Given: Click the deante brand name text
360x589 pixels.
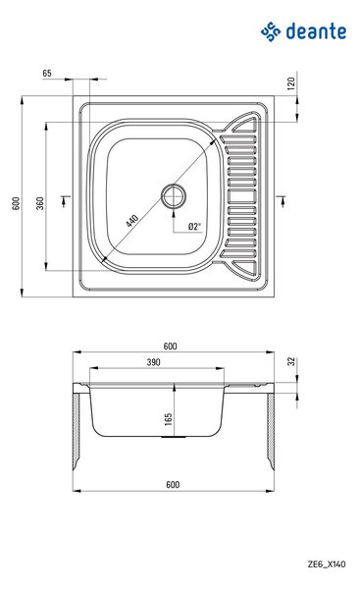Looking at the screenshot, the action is pyautogui.click(x=316, y=30).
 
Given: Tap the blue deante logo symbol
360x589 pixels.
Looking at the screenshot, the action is pyautogui.click(x=271, y=31).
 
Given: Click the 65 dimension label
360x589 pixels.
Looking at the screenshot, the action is pyautogui.click(x=47, y=74).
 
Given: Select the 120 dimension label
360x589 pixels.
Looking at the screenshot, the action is pyautogui.click(x=291, y=83).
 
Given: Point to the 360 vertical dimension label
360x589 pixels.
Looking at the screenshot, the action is pyautogui.click(x=40, y=203).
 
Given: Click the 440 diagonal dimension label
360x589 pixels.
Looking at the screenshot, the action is pyautogui.click(x=132, y=220).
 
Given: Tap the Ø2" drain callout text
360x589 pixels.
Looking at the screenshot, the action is pyautogui.click(x=194, y=226).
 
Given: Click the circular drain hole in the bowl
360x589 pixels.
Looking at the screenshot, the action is pyautogui.click(x=174, y=196).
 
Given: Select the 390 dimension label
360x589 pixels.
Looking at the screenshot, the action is pyautogui.click(x=153, y=362).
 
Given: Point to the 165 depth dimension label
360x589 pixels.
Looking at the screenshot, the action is pyautogui.click(x=168, y=419).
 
